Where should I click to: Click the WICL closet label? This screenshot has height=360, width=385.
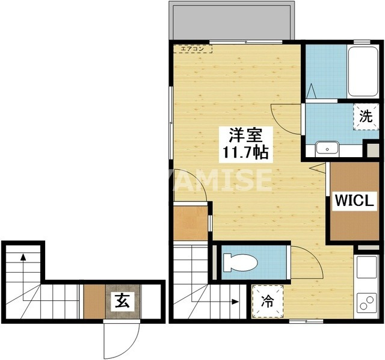coord(355,199)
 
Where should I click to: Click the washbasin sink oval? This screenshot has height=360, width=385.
coord(328,147)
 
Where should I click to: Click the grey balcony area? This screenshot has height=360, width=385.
coord(233,22)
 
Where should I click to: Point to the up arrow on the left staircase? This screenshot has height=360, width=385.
coord(23,257)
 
